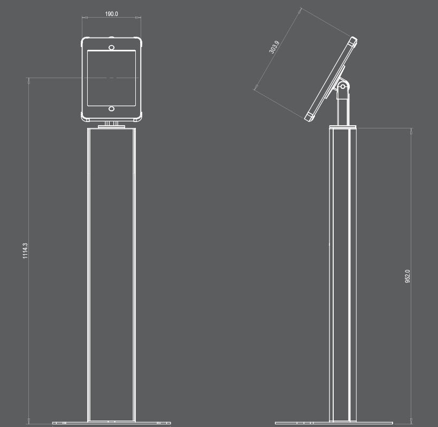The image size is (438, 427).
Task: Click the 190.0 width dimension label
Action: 111,13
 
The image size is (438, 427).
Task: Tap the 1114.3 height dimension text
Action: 25,251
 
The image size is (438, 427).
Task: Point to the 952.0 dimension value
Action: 408,276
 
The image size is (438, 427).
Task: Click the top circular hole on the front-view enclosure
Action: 111,48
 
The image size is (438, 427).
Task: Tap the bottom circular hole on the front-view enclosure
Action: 111,109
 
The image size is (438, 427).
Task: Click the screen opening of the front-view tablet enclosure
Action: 111,79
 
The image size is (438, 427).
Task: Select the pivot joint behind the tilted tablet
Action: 343,86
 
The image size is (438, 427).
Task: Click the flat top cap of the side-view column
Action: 342,127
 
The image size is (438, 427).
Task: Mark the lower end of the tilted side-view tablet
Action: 310,116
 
